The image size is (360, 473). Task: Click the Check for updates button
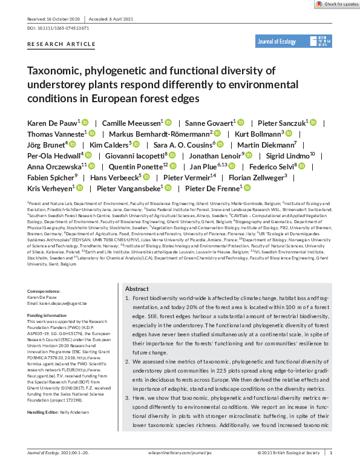(336, 4)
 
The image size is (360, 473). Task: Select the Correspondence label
(44, 291)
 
